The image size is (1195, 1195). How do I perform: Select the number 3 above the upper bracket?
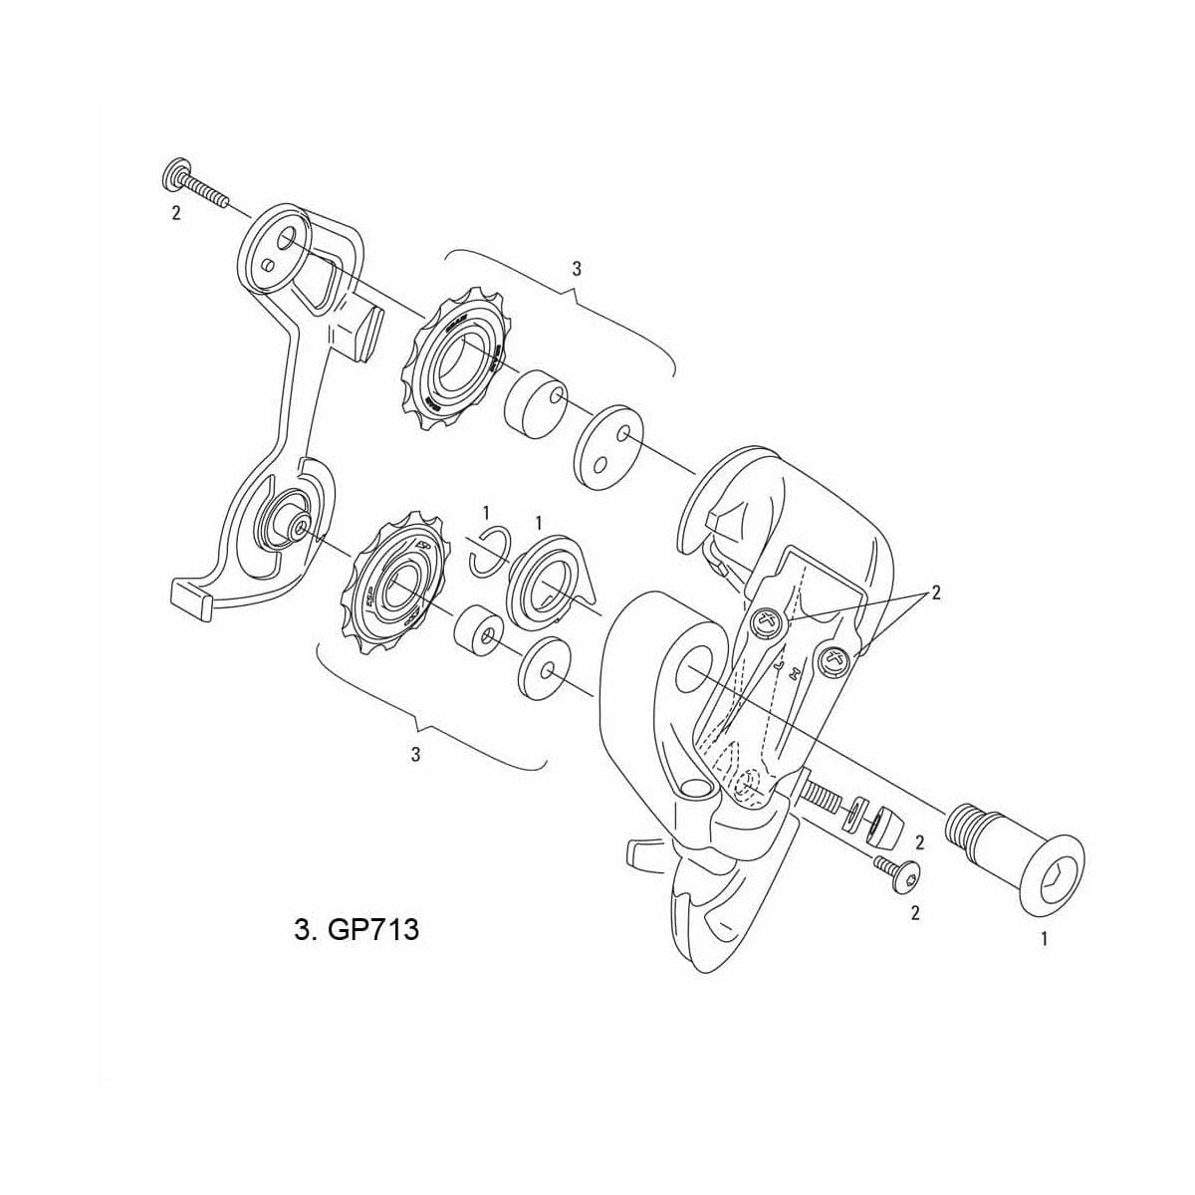(577, 269)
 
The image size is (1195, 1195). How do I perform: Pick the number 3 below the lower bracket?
(416, 754)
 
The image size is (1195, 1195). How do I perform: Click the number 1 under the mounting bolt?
(1044, 937)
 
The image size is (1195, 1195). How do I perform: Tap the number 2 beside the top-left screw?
(176, 214)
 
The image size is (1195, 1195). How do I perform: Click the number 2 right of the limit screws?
(935, 593)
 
